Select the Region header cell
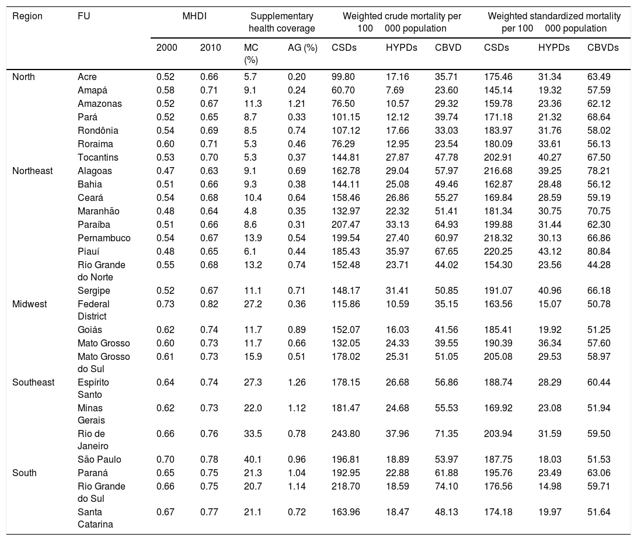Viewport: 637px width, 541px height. pyautogui.click(x=27, y=16)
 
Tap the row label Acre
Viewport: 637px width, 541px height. pyautogui.click(x=87, y=77)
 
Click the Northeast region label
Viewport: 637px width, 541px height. pyautogui.click(x=33, y=171)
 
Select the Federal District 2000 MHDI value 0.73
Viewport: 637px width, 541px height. pyautogui.click(x=167, y=304)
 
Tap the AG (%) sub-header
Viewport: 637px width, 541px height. pyautogui.click(x=302, y=48)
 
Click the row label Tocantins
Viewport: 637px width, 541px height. pyautogui.click(x=98, y=158)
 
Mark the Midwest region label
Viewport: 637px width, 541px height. pyautogui.click(x=29, y=304)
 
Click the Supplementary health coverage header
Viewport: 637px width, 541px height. pyautogui.click(x=281, y=22)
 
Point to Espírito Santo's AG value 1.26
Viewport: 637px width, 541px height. pyautogui.click(x=297, y=382)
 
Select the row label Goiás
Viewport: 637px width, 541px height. pyautogui.click(x=89, y=330)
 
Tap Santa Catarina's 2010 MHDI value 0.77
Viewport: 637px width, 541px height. pyautogui.click(x=210, y=512)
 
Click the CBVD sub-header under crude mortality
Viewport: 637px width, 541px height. pyautogui.click(x=448, y=48)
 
